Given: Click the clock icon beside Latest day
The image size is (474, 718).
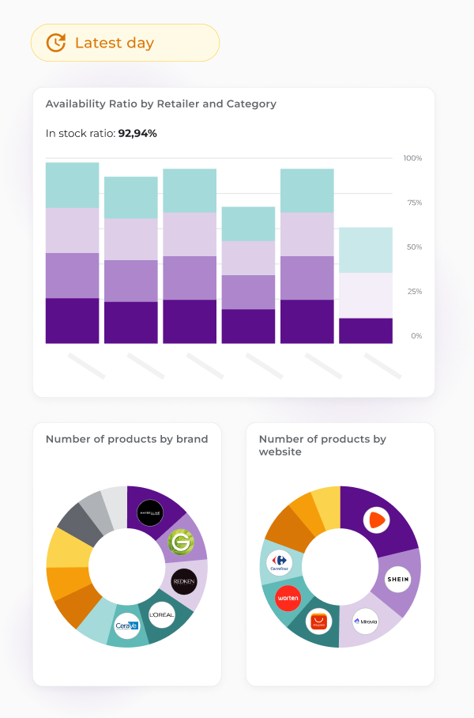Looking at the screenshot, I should point(55,43).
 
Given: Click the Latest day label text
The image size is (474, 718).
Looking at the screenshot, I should point(115,43).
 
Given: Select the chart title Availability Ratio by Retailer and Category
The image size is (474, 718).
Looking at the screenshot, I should point(161,104).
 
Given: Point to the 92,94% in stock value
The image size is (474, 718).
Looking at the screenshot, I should point(137,133).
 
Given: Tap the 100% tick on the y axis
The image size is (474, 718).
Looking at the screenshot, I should point(412,158).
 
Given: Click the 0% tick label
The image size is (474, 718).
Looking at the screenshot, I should point(416,335).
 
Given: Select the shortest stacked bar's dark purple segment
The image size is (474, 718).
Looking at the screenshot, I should point(366,331).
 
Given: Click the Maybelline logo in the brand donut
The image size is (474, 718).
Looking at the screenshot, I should point(150,513).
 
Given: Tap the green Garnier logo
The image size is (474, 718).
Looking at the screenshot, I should point(181,542).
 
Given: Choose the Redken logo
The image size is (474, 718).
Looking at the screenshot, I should point(184,580).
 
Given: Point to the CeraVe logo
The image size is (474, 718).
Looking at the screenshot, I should point(126,625).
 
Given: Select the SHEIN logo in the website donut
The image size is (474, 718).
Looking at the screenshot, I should point(397,580).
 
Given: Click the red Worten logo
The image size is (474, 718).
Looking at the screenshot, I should point(288,598).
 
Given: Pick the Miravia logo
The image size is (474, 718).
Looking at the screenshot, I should point(366,622).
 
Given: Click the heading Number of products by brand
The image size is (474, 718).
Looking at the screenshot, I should point(126,439).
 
